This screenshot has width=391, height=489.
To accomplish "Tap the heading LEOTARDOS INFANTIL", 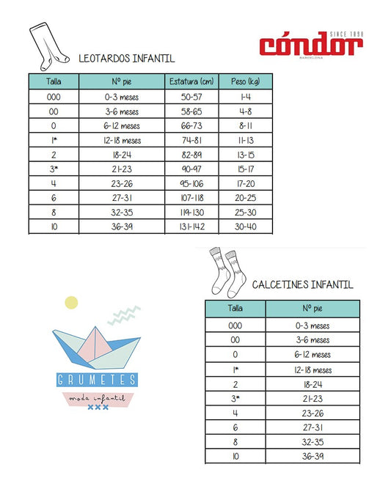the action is [126, 59].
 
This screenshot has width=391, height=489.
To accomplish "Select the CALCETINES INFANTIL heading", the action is [302, 284].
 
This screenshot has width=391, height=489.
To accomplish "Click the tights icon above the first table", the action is [46, 47].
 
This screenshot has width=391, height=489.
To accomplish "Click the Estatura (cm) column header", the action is [191, 81].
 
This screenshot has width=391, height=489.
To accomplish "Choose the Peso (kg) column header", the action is [245, 81].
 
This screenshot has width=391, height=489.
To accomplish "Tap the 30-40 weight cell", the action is [245, 227].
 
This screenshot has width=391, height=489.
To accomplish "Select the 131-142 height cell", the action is [191, 227].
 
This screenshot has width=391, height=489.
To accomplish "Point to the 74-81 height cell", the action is [191, 140].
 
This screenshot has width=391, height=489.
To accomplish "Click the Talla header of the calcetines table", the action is [235, 309].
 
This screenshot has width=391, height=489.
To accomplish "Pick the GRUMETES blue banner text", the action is [96, 380].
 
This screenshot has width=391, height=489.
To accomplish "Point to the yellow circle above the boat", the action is [71, 301].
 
